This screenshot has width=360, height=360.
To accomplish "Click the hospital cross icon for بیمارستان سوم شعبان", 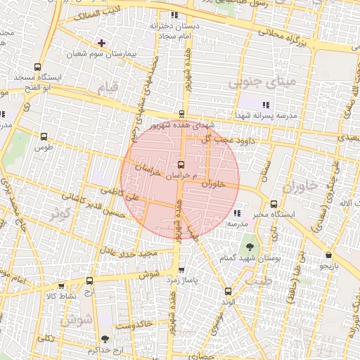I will pos(102,43).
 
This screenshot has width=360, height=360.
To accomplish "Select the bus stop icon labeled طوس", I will pos(45,137).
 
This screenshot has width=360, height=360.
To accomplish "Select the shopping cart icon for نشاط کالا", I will pos(61,286).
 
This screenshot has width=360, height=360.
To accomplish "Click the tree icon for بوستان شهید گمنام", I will pos(250,247).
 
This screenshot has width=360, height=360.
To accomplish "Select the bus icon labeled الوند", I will pos(227,291).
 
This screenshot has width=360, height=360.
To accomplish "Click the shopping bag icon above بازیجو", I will pos(328,256).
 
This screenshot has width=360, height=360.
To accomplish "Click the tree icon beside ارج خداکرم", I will pos(105,340).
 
